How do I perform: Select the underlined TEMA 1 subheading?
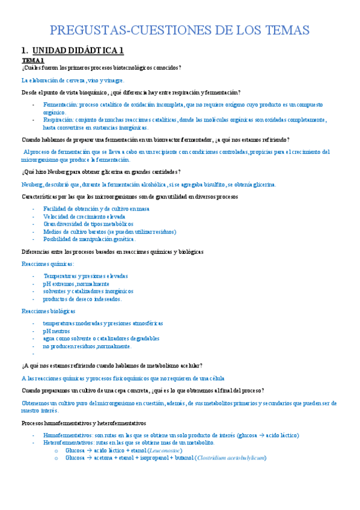point(33,61)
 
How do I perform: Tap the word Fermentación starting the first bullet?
point(61,104)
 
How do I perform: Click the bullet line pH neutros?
point(56,331)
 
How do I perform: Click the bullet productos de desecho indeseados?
point(82,299)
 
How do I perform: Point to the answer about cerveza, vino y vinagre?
point(73,80)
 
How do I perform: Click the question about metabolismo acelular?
point(112,366)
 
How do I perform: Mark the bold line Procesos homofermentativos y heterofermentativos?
point(84,423)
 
